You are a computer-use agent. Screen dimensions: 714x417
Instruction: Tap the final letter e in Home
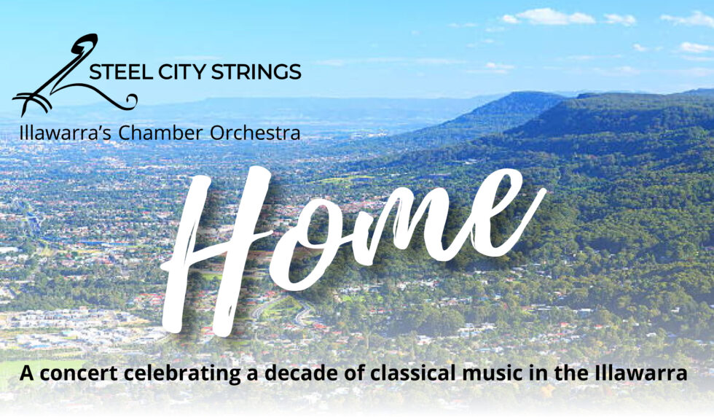coord(506,219)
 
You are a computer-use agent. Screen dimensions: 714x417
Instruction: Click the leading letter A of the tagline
coord(28,373)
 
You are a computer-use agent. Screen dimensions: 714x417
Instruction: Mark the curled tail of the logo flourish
coord(130,101)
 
